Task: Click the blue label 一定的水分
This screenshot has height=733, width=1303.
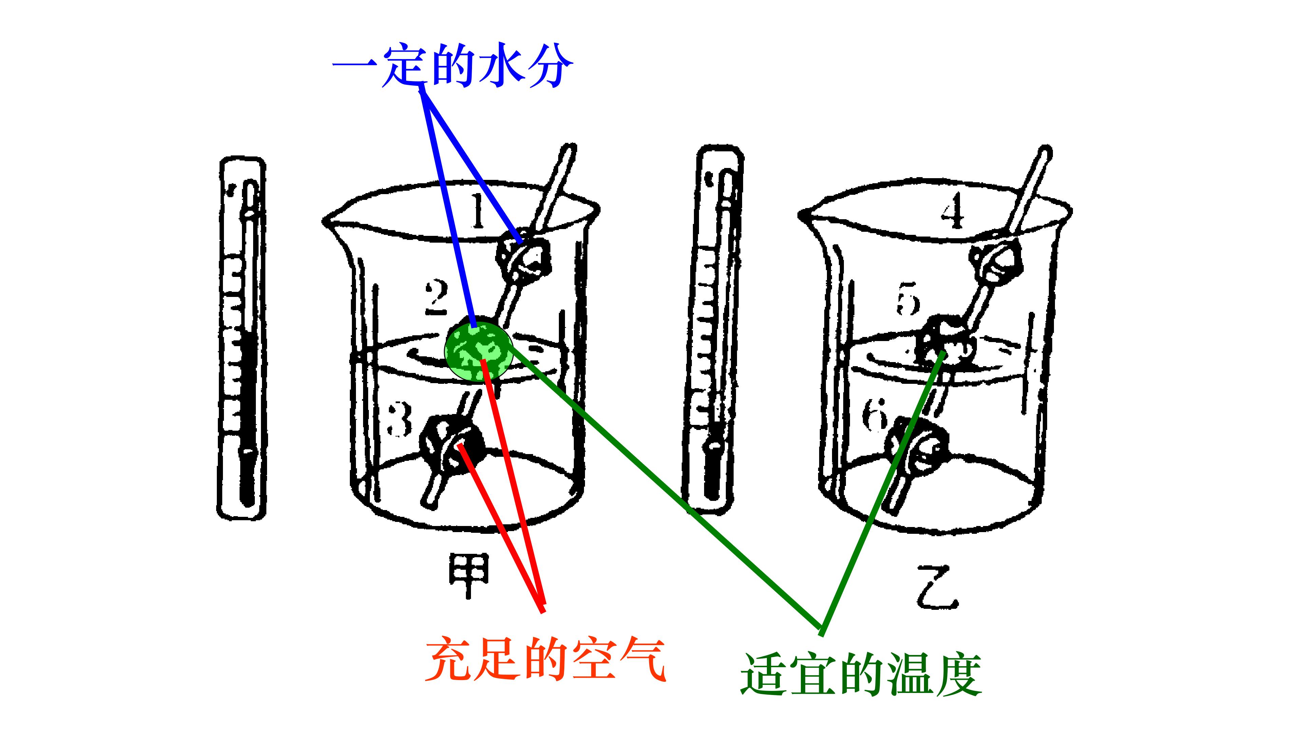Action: (x=453, y=66)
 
